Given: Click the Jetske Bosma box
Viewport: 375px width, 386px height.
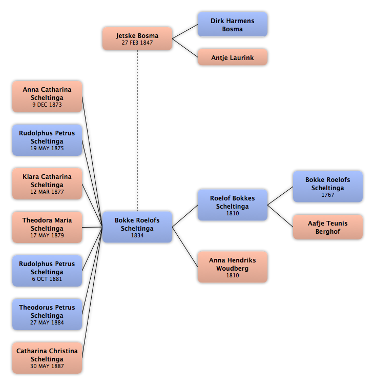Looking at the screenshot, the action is (137, 38).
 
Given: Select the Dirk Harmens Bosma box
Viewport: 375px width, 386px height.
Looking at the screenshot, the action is (232, 25).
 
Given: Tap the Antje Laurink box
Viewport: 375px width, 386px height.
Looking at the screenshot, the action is (232, 57).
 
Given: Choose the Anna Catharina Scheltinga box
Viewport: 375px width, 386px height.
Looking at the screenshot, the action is (47, 96).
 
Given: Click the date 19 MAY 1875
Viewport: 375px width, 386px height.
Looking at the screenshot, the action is (47, 148).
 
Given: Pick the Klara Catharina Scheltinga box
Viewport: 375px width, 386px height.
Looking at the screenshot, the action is (47, 184).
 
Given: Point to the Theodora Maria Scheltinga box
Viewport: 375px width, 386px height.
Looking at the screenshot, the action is (47, 227).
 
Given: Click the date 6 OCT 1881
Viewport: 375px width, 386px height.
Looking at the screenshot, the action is (47, 279).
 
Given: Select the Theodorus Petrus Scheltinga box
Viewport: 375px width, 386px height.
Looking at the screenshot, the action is (47, 314).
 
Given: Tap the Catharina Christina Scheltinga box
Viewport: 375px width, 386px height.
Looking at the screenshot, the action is (47, 358).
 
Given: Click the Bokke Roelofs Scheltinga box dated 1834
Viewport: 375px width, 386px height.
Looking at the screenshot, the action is (137, 227).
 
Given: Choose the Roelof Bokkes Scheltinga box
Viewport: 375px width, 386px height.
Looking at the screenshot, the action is (232, 205).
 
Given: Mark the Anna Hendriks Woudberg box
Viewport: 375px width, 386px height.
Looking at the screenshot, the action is (232, 267).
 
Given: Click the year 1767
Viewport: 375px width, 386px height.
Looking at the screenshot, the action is (328, 195).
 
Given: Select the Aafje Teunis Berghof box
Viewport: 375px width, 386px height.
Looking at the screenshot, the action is (328, 227).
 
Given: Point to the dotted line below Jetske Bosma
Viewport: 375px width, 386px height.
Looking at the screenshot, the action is (137, 131).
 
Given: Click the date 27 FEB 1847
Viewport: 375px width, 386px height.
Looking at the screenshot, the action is (137, 43).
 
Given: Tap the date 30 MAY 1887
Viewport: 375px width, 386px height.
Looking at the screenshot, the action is (47, 366).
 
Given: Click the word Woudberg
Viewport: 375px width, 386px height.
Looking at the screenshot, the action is (232, 268).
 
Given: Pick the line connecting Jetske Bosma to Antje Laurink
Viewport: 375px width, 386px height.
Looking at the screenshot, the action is (185, 48).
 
